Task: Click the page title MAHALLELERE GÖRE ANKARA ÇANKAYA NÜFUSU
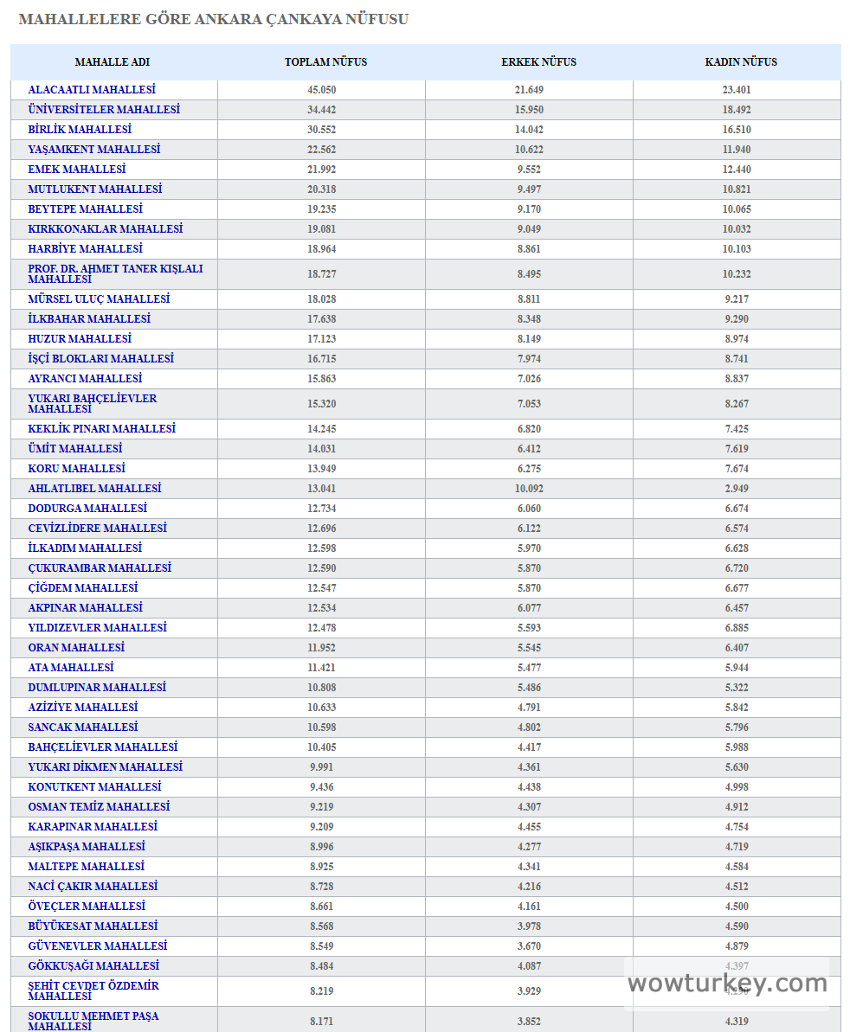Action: [213, 19]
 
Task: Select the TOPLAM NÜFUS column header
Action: [325, 62]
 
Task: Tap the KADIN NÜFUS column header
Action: [741, 62]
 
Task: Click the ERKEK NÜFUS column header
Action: [538, 62]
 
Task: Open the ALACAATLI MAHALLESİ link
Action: [92, 90]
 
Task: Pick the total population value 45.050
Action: [322, 90]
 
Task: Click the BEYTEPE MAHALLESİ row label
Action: [85, 209]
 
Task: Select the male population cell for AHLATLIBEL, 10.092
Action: [529, 489]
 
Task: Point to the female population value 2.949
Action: [737, 489]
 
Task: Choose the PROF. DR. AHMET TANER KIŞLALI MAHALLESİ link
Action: [115, 273]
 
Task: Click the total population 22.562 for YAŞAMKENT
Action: [322, 150]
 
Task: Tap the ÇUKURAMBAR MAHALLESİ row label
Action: [100, 568]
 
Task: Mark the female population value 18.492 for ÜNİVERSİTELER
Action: [737, 110]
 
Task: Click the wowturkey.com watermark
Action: [727, 984]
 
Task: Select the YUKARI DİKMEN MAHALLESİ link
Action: [105, 767]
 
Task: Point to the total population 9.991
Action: [322, 767]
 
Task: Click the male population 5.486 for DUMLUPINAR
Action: [529, 688]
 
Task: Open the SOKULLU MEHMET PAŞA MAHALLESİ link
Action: [93, 1021]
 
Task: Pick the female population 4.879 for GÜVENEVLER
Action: [737, 946]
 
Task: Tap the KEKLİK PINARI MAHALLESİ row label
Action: [101, 429]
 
